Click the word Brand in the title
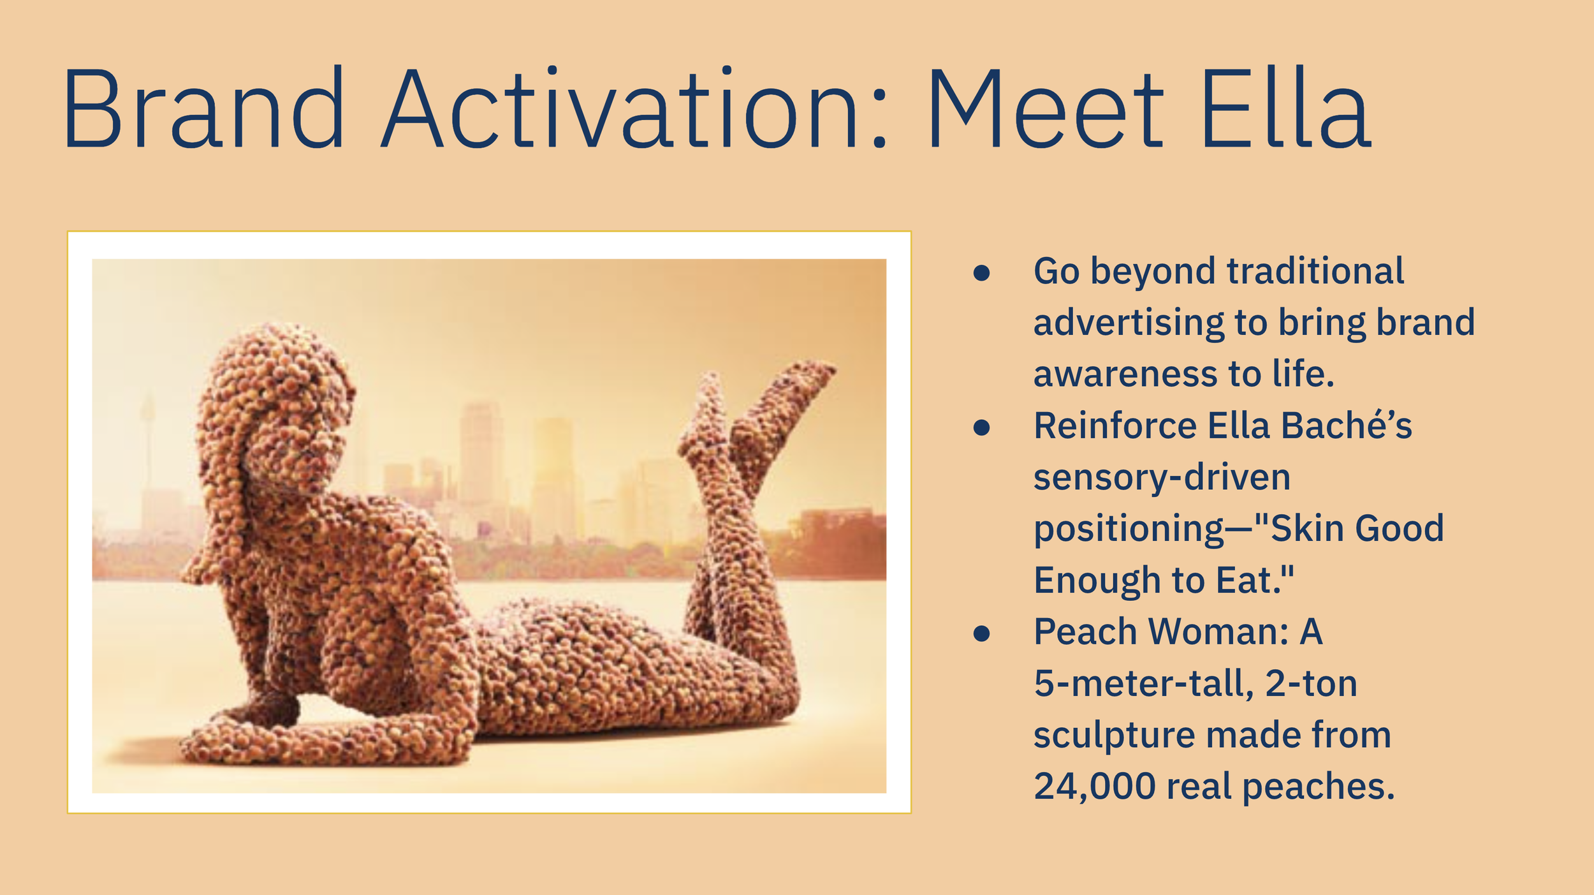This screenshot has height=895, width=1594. [x=203, y=108]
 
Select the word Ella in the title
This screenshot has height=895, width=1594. [x=1285, y=108]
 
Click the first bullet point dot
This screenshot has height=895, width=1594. [x=981, y=273]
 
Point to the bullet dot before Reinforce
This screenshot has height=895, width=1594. [x=981, y=427]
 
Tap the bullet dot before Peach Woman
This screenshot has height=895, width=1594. [x=981, y=633]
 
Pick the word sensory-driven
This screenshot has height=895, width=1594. [x=1162, y=477]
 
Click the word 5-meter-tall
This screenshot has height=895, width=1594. [x=1144, y=684]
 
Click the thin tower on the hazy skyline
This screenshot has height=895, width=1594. [x=148, y=440]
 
